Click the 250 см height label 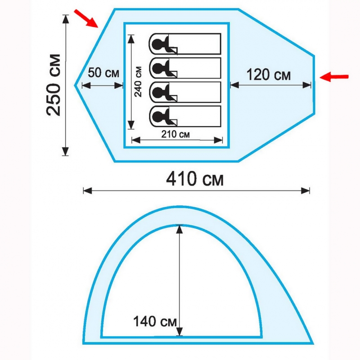point(54,85)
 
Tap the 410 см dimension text point(195,179)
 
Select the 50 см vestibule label point(103,73)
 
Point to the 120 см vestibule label point(268,75)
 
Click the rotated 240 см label point(138,82)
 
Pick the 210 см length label point(175,134)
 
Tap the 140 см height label point(155,321)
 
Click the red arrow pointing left point(334,77)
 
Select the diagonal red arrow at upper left point(86,18)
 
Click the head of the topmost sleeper point(158,44)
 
